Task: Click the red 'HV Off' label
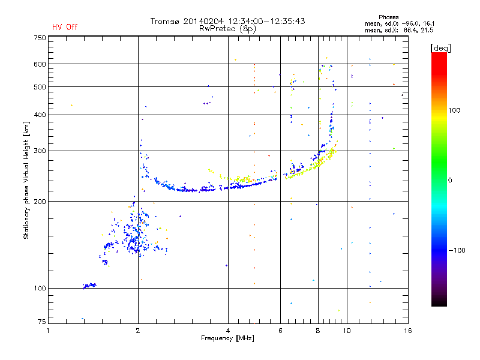click(65, 27)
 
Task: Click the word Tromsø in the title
click(164, 21)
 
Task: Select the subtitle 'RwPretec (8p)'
click(227, 29)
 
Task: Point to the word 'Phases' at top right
click(388, 17)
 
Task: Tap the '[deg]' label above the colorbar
click(440, 48)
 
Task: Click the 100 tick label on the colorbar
click(454, 110)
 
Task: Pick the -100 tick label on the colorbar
click(457, 250)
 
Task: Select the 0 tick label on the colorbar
click(450, 181)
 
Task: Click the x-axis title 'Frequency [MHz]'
click(227, 338)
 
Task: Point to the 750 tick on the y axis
click(40, 38)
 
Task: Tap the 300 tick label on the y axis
click(40, 151)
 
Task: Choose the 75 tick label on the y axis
click(42, 322)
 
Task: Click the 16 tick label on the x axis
click(408, 331)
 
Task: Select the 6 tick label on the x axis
click(280, 331)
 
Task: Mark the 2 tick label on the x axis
click(138, 331)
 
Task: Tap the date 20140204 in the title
click(203, 21)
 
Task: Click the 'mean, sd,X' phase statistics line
click(399, 31)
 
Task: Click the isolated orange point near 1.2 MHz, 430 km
click(71, 106)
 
